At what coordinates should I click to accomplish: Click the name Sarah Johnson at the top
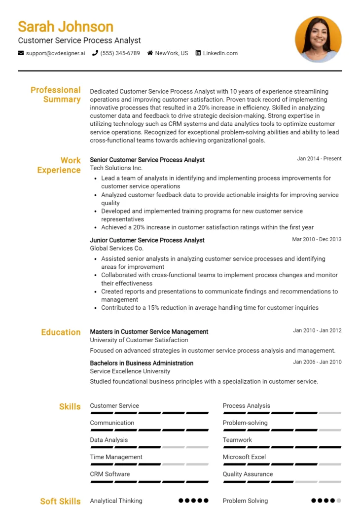pyautogui.click(x=66, y=26)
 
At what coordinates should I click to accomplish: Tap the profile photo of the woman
pyautogui.click(x=318, y=39)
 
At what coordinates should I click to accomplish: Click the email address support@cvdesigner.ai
pyautogui.click(x=55, y=53)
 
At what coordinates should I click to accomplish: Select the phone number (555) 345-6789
pyautogui.click(x=120, y=53)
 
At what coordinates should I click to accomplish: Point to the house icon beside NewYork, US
pyautogui.click(x=150, y=53)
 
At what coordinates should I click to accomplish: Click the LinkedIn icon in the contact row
pyautogui.click(x=198, y=53)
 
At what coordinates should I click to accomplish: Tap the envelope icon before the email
pyautogui.click(x=21, y=53)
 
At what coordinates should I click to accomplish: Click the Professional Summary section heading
pyautogui.click(x=55, y=95)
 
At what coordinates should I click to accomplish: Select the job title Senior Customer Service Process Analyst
pyautogui.click(x=147, y=160)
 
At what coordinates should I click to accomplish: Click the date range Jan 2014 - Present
pyautogui.click(x=319, y=159)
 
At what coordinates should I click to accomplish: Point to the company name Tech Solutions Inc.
pyautogui.click(x=116, y=168)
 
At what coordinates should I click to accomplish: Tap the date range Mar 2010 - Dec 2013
pyautogui.click(x=317, y=239)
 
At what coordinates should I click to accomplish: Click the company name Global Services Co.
pyautogui.click(x=116, y=249)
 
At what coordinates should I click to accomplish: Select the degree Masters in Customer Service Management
pyautogui.click(x=149, y=332)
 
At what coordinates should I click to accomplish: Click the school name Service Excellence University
pyautogui.click(x=130, y=371)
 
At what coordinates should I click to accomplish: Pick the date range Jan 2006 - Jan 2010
pyautogui.click(x=317, y=362)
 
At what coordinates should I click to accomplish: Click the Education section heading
pyautogui.click(x=61, y=332)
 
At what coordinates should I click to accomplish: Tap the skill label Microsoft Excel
pyautogui.click(x=244, y=457)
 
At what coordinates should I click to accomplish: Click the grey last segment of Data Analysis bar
pyautogui.click(x=197, y=447)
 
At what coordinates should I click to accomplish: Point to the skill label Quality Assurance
pyautogui.click(x=248, y=474)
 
